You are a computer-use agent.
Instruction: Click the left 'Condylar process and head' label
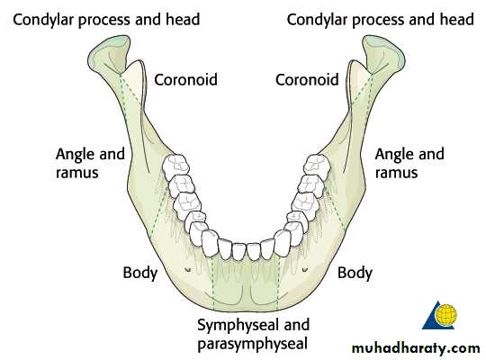[x=106, y=20]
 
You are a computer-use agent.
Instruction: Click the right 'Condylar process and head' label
[x=381, y=20]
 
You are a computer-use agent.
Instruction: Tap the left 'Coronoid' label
[x=185, y=80]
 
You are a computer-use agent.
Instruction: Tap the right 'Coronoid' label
[x=307, y=80]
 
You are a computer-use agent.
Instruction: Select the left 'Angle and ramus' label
[x=90, y=163]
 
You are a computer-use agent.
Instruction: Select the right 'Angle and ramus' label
[x=409, y=163]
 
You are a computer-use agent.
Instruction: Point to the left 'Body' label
[x=140, y=273]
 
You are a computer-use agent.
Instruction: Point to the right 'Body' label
[x=355, y=273]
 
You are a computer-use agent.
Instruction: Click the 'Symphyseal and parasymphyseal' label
[x=253, y=334]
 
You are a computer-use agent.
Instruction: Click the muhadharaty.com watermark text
[x=416, y=348]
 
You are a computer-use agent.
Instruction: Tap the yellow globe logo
[x=445, y=314]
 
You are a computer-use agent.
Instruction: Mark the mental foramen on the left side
[x=187, y=270]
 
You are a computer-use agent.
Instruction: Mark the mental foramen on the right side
[x=305, y=270]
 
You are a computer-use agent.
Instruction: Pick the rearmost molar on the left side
[x=175, y=166]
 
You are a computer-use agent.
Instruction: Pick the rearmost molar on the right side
[x=317, y=164]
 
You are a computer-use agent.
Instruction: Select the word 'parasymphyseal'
[x=253, y=344]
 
